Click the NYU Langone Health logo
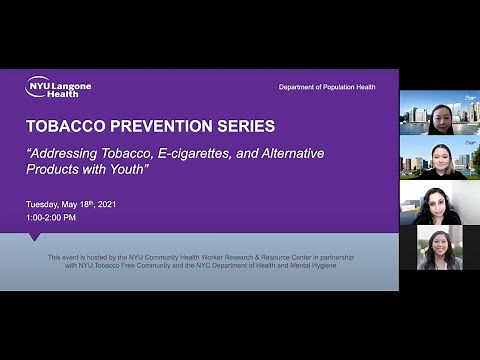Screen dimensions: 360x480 click(58, 87)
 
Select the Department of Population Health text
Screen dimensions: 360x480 click(327, 87)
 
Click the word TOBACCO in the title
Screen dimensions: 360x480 click(64, 127)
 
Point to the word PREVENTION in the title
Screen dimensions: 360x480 click(159, 127)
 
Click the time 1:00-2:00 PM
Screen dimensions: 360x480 click(52, 217)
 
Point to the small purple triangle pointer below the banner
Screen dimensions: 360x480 click(35, 237)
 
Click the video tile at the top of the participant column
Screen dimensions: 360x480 click(440, 113)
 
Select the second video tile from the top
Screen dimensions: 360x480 click(440, 158)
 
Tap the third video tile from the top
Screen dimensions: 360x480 click(440, 203)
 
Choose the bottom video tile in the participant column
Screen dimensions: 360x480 click(440, 248)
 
